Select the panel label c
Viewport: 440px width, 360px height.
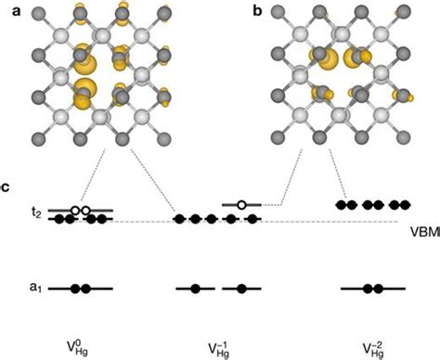[7, 188]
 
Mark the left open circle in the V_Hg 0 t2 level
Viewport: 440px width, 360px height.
[75, 211]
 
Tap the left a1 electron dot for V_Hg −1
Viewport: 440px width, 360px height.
[195, 289]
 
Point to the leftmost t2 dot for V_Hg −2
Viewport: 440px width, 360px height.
[341, 204]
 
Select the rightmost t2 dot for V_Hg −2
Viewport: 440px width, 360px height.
[405, 204]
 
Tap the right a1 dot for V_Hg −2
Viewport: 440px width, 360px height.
[379, 289]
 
